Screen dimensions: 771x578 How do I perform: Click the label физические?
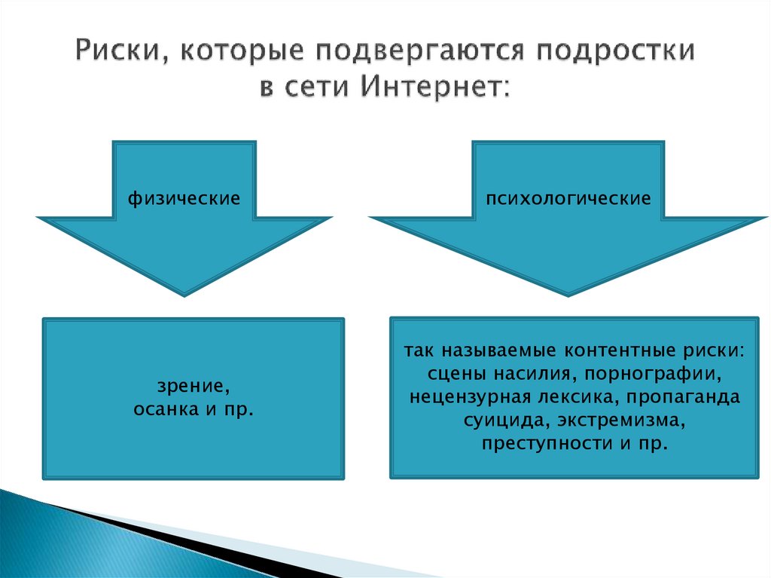[184, 199]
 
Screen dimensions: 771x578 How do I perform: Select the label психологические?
[568, 199]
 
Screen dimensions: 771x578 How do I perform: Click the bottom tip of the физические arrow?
[184, 292]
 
